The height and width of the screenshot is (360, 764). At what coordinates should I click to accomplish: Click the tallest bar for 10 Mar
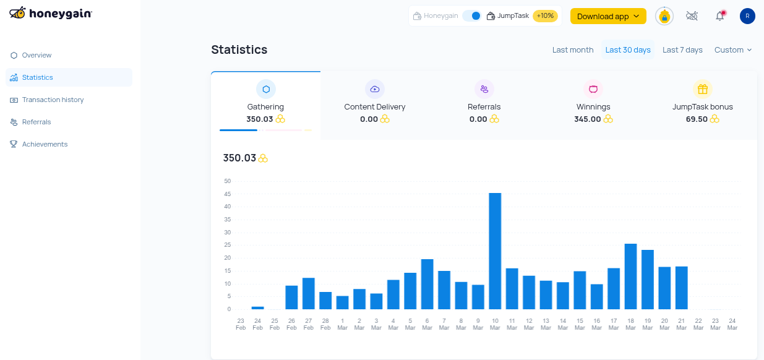495,251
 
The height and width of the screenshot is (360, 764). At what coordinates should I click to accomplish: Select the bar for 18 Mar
630,276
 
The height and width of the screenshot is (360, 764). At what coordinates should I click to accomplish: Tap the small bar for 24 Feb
257,307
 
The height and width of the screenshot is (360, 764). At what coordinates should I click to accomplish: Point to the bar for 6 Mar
427,284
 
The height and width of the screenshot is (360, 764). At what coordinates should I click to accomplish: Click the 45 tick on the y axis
228,194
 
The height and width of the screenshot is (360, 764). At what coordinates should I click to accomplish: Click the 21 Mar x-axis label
681,324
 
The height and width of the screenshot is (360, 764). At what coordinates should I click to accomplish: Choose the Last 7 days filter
682,50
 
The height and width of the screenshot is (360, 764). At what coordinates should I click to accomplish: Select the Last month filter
573,50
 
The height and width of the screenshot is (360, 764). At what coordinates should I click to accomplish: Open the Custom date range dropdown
733,50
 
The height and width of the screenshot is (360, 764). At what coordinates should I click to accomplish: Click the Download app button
607,16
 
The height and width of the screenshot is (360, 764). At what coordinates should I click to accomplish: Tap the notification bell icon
719,16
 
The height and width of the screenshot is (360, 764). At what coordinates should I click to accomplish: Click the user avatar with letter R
747,16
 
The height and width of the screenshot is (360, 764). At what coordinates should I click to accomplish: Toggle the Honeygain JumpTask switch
472,16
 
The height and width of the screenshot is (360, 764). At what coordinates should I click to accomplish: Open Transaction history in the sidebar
53,100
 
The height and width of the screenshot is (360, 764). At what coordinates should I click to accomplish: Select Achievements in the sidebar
45,144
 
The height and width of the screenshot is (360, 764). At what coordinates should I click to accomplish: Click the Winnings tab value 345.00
588,119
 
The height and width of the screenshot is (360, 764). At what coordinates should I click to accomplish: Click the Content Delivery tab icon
375,89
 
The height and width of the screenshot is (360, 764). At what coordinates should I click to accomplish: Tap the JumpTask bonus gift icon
702,89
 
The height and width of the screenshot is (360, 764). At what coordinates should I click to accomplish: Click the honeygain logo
51,13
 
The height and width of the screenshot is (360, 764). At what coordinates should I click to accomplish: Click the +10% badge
545,16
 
